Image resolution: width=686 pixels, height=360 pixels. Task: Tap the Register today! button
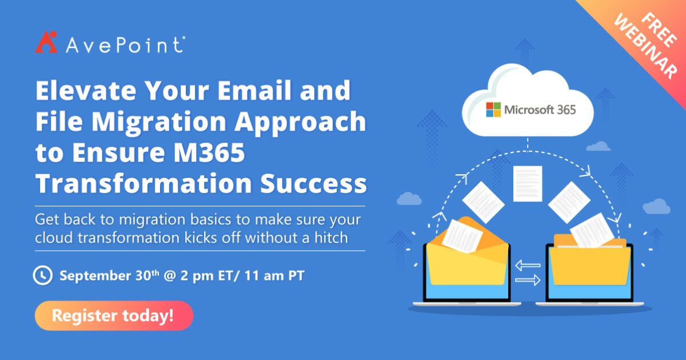(113, 315)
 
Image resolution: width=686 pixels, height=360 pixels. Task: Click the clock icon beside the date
(42, 275)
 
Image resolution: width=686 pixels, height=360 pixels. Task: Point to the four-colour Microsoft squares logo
(493, 110)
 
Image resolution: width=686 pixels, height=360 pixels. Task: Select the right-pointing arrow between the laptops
(527, 280)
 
